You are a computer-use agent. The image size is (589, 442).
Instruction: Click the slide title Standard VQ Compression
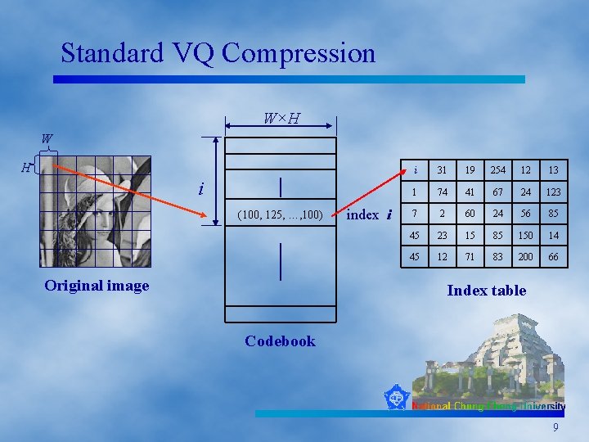[218, 53]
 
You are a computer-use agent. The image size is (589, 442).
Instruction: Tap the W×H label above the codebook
[281, 120]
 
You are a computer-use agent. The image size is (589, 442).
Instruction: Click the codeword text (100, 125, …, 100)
[281, 215]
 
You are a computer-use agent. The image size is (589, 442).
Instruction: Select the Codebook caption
[280, 341]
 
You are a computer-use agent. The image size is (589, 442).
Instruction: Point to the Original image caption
[97, 286]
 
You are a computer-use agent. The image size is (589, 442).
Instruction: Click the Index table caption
[486, 291]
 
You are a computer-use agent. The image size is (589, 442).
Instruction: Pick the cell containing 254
[497, 170]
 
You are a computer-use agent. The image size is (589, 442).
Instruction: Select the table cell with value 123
[554, 192]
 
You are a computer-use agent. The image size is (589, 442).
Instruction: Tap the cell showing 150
[525, 236]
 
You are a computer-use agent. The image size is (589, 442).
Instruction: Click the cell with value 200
[525, 257]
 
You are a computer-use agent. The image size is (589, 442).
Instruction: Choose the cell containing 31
[442, 170]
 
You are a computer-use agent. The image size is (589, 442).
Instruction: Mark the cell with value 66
[554, 257]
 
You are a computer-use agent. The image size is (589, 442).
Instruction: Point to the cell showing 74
[442, 192]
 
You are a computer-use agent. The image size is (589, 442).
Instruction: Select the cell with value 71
[470, 257]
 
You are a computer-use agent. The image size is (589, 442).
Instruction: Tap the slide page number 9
[555, 427]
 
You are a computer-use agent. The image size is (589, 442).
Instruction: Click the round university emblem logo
[396, 398]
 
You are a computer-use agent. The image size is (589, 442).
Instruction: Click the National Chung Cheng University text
[488, 406]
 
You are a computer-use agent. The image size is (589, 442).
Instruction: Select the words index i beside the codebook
[370, 214]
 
